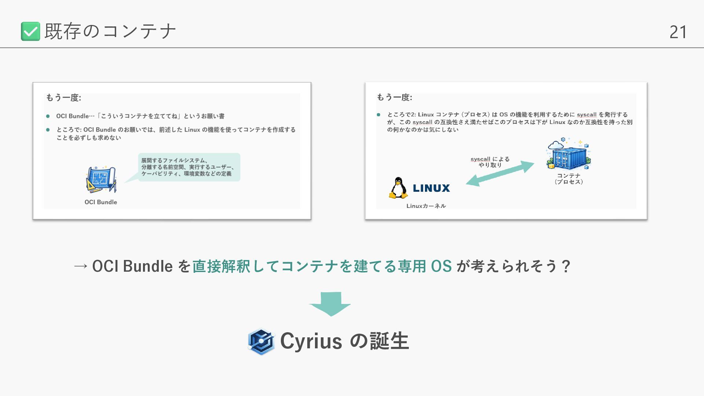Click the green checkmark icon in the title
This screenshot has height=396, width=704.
[30, 31]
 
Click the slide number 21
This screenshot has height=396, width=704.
[678, 32]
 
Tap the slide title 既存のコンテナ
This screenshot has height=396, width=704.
[110, 31]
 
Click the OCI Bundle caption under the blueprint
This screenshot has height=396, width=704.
[101, 202]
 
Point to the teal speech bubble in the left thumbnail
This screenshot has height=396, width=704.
[189, 167]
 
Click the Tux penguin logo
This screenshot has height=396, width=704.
[398, 188]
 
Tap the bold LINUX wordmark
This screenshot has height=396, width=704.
[431, 188]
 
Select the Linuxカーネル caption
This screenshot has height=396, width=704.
[426, 206]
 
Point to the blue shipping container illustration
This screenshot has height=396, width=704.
[569, 155]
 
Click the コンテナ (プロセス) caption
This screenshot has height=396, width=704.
[569, 179]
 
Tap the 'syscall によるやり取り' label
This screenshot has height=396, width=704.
[490, 162]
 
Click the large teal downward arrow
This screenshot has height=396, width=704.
[330, 304]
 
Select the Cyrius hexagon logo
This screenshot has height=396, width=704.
[261, 341]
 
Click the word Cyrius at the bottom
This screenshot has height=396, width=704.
[311, 341]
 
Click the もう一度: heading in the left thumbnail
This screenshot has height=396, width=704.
[63, 98]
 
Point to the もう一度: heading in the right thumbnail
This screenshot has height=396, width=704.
[395, 98]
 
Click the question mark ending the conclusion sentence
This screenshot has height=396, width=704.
[566, 266]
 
